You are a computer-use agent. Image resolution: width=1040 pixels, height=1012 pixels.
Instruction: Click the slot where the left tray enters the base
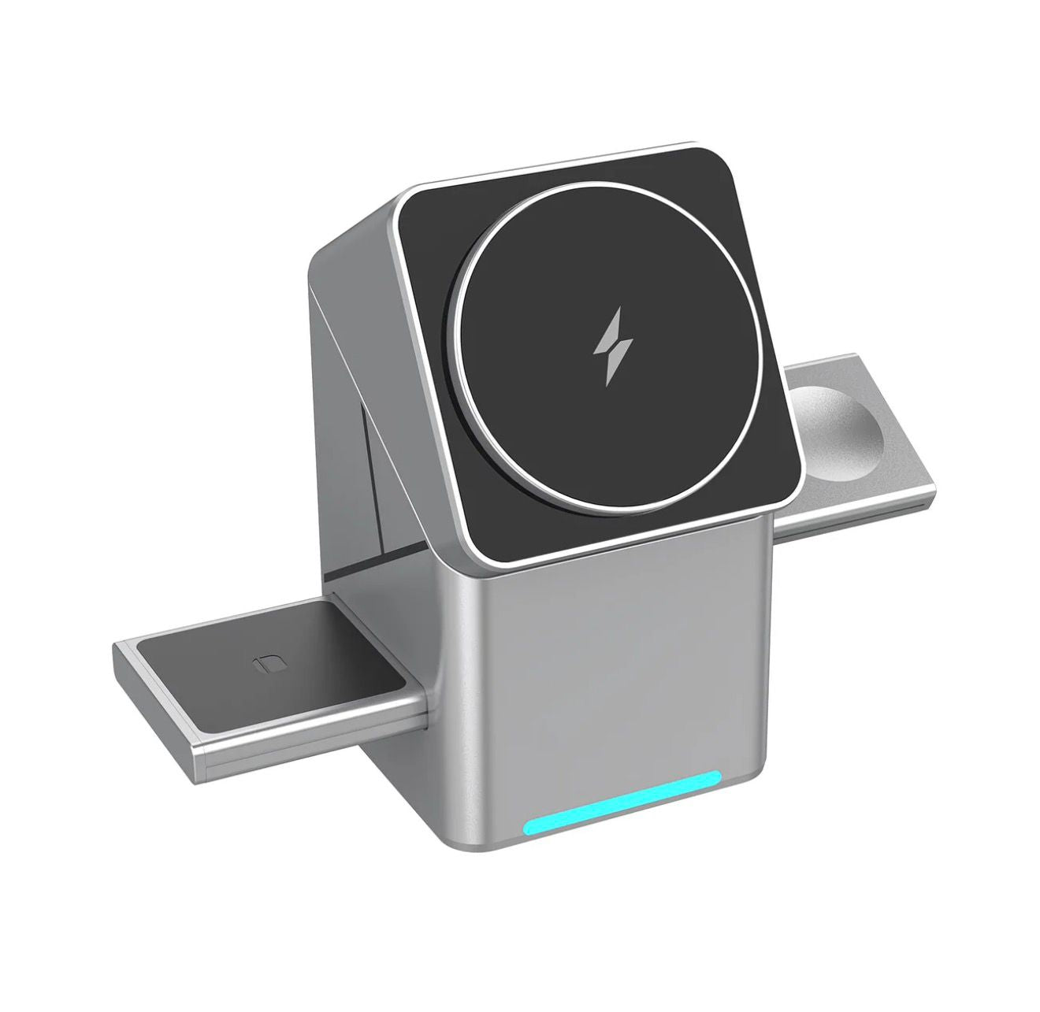[425, 630]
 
